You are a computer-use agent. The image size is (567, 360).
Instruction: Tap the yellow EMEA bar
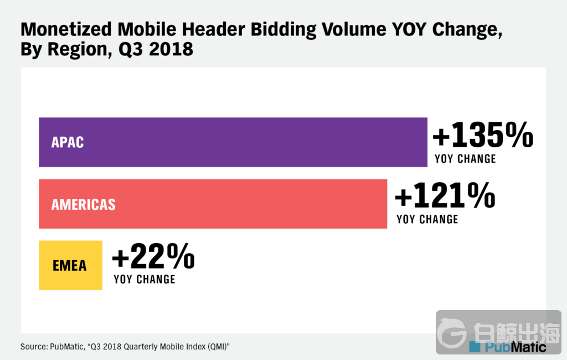(70, 265)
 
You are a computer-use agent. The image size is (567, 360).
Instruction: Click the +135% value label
(482, 136)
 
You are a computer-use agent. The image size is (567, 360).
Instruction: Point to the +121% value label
(444, 197)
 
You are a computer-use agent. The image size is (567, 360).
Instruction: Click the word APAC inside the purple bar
(68, 142)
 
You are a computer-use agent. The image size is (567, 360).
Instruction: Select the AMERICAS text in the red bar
(84, 204)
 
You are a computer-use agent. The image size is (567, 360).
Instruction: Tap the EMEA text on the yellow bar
(70, 265)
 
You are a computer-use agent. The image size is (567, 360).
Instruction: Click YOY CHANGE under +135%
(465, 159)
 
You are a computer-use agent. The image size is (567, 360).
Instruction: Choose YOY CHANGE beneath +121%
(427, 219)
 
